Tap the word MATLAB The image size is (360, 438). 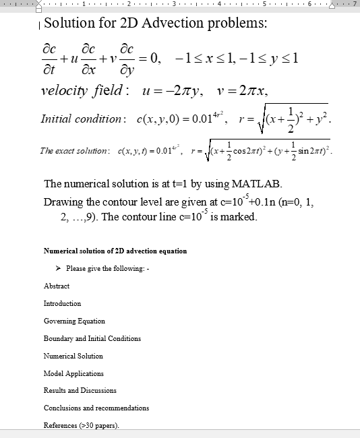tap(252, 184)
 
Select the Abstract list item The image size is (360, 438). tap(57, 286)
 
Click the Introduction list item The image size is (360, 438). tap(62, 303)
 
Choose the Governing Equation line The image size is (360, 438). tap(74, 321)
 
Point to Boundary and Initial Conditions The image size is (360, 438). tap(92, 338)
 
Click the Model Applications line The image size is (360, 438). tap(73, 373)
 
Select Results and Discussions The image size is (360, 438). tap(80, 390)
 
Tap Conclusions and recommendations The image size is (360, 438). tap(96, 408)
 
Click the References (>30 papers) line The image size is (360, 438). tap(81, 425)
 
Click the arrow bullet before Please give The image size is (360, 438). tap(59, 269)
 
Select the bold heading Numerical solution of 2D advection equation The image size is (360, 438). tap(115, 251)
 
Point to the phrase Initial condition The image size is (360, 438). tap(81, 119)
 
